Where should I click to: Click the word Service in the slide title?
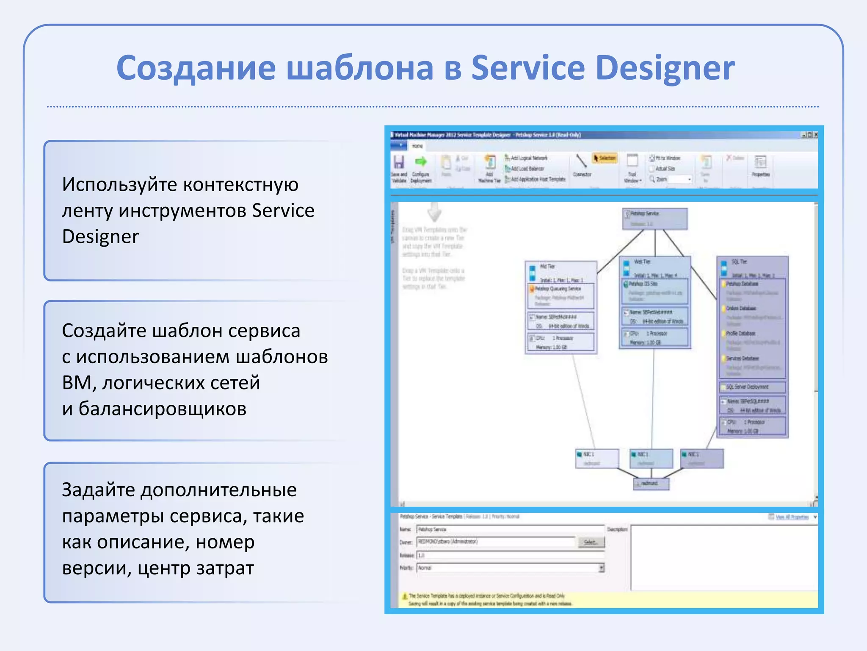pos(527,68)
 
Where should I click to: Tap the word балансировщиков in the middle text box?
pos(154,409)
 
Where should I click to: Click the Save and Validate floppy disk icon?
pos(399,162)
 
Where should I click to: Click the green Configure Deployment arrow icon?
pos(421,161)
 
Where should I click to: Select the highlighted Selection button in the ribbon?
pos(605,158)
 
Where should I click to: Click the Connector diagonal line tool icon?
pos(581,161)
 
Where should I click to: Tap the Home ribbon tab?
pos(417,146)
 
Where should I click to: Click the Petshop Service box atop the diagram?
pos(654,218)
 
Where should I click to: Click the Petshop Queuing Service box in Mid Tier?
pos(561,295)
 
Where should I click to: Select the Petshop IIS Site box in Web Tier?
pos(655,291)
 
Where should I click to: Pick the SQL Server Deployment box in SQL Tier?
pos(752,387)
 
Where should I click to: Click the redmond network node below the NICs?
pos(651,483)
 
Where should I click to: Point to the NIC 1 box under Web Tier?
pos(651,458)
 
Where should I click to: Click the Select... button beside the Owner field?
pos(591,542)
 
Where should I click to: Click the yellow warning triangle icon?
pos(405,596)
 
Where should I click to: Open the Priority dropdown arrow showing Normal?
pos(601,568)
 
